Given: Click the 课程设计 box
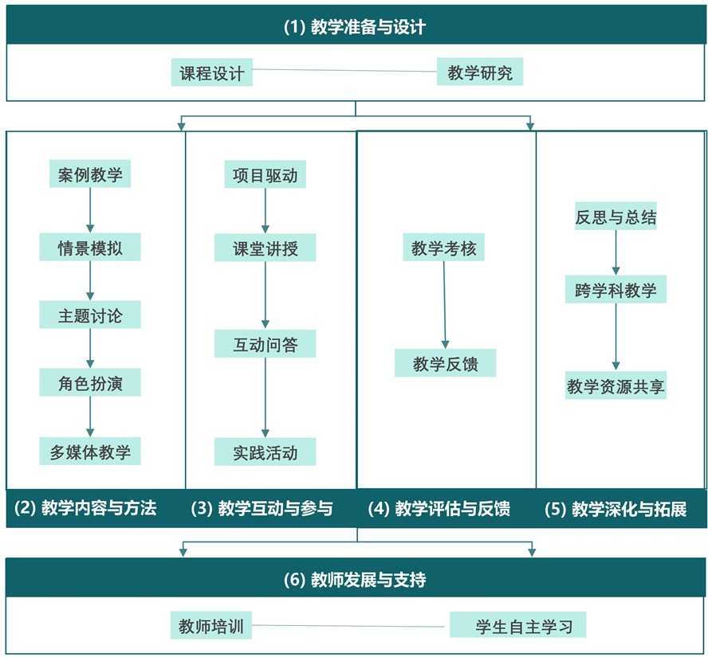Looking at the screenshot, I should pyautogui.click(x=212, y=73).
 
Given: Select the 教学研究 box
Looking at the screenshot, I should pyautogui.click(x=479, y=73).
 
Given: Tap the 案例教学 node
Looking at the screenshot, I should pyautogui.click(x=90, y=174).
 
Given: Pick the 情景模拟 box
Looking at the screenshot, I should pyautogui.click(x=90, y=247).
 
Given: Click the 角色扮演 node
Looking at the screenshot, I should pyautogui.click(x=90, y=384).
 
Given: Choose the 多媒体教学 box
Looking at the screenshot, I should pyautogui.click(x=90, y=452).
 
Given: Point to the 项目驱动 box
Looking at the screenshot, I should pyautogui.click(x=265, y=174).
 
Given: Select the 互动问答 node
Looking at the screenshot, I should pyautogui.click(x=265, y=344).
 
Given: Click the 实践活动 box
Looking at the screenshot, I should pyautogui.click(x=265, y=452).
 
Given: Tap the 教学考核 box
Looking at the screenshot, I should pyautogui.click(x=443, y=248).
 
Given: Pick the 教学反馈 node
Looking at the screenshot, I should pyautogui.click(x=445, y=363).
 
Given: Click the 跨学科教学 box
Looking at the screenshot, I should pyautogui.click(x=616, y=290).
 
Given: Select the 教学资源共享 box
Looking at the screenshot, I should pyautogui.click(x=616, y=386).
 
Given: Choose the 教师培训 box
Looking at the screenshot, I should pyautogui.click(x=210, y=625).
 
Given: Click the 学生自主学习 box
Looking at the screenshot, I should pyautogui.click(x=517, y=625).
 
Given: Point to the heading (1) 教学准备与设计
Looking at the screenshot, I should pyautogui.click(x=355, y=27).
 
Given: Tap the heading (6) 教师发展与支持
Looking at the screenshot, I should pyautogui.click(x=355, y=580).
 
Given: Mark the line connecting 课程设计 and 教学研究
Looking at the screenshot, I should pyautogui.click(x=344, y=71).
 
